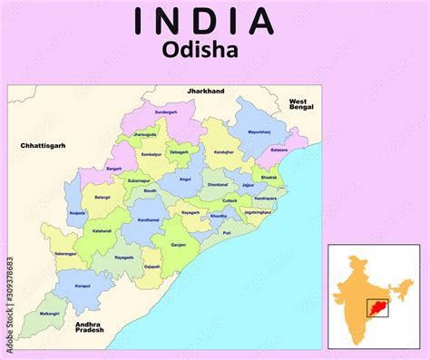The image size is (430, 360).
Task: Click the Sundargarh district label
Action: tap(166, 112)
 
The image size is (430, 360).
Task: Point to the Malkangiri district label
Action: tap(51, 313)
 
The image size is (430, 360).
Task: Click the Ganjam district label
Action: tap(179, 244)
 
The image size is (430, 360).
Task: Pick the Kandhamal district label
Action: tap(148, 219)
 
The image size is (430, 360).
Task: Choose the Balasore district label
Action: tap(279, 150)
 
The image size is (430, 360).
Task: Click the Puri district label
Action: tap(226, 232)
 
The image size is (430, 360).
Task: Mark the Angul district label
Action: tap(185, 179)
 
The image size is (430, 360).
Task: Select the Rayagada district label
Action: tap(124, 257)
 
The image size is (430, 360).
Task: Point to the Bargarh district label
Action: tap(113, 168)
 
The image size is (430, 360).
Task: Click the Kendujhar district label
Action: tap(223, 152)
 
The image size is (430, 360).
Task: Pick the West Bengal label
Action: tap(299, 104)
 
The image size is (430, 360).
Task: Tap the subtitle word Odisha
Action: tap(201, 51)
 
